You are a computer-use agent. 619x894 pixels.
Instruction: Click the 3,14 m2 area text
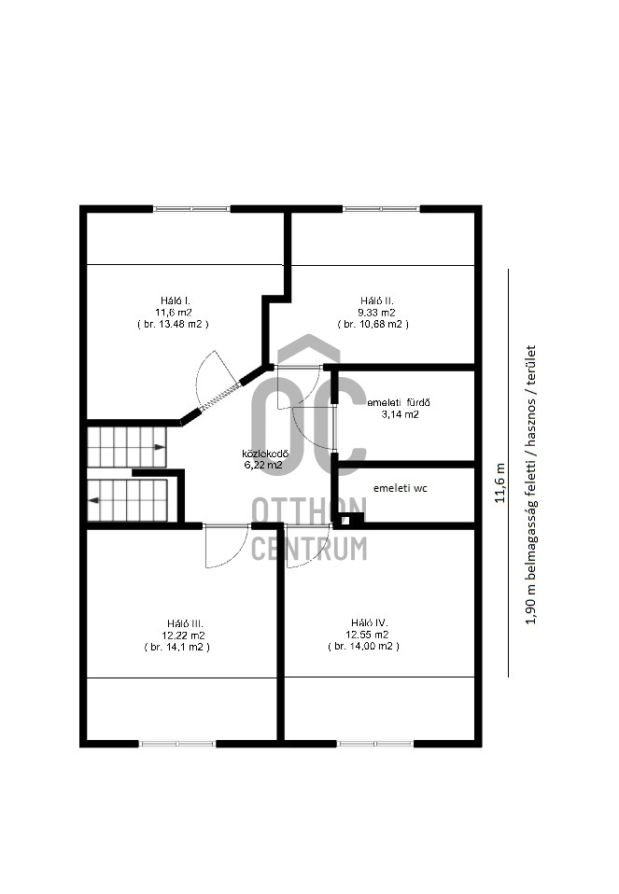400,414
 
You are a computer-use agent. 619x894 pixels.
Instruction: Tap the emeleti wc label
400,488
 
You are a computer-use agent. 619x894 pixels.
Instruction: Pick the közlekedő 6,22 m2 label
265,459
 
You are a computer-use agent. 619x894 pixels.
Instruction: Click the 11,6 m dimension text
500,482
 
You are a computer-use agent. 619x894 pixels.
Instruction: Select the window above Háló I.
191,209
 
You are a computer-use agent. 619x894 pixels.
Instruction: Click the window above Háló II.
382,209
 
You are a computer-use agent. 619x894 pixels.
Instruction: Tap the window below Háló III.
177,744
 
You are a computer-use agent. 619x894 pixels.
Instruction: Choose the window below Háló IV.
374,744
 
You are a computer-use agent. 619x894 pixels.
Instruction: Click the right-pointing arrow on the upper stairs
159,447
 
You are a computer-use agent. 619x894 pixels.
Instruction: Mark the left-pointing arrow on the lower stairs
93,500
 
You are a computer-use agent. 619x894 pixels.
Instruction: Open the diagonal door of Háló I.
219,397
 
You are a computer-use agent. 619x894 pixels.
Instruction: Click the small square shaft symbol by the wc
345,520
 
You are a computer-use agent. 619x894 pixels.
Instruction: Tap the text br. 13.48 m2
173,325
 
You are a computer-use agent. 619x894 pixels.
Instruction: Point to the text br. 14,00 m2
364,647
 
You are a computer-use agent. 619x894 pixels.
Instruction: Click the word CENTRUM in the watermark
309,549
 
